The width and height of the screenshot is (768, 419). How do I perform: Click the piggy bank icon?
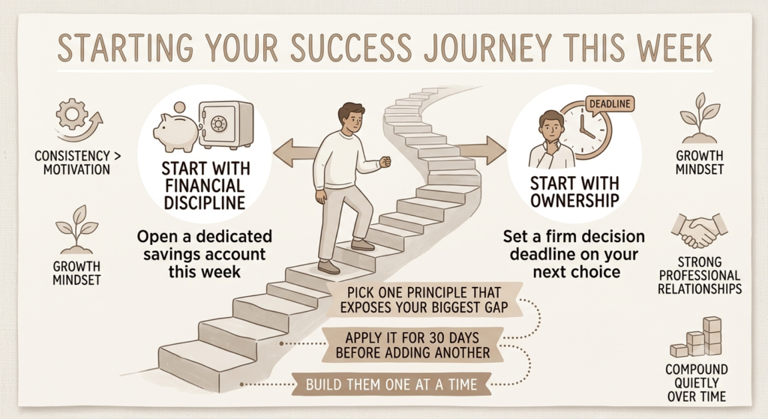click(x=175, y=130)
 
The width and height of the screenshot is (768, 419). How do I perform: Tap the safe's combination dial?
click(x=218, y=124)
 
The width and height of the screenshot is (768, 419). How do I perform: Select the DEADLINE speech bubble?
click(x=609, y=104)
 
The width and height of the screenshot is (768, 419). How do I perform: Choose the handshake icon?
click(x=700, y=229)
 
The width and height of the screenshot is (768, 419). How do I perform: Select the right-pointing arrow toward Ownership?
click(x=481, y=150)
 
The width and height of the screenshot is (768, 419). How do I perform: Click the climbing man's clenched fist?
click(x=385, y=161)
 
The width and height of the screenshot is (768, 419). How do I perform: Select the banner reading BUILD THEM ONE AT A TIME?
click(x=391, y=385)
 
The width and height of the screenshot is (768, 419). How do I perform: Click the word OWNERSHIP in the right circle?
click(x=574, y=200)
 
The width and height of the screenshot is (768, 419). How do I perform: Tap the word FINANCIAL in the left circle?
click(x=204, y=186)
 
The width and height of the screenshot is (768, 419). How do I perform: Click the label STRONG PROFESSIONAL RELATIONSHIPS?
click(x=700, y=275)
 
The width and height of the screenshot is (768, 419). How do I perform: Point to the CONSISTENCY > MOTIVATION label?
click(x=77, y=163)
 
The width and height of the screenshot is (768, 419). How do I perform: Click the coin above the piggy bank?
click(x=180, y=108)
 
